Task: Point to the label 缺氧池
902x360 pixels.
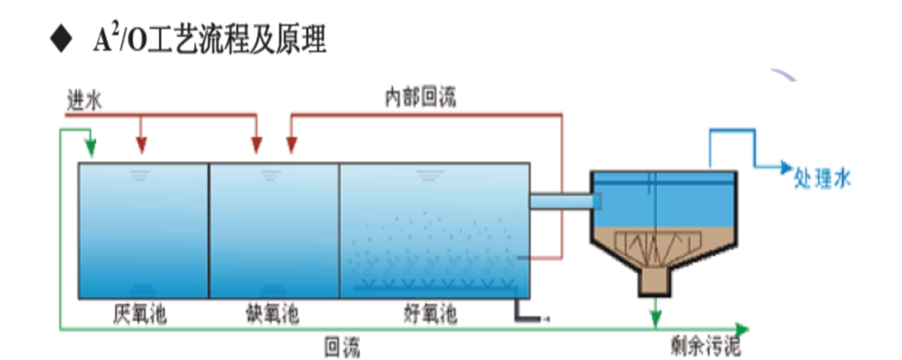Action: click(x=271, y=315)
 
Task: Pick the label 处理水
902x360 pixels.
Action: click(x=822, y=179)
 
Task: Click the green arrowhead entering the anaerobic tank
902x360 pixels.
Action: click(x=90, y=148)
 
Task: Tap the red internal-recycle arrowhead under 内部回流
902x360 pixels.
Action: click(x=291, y=144)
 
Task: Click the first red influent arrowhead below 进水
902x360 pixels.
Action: click(x=141, y=144)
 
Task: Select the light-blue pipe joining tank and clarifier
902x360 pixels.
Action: click(x=560, y=201)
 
